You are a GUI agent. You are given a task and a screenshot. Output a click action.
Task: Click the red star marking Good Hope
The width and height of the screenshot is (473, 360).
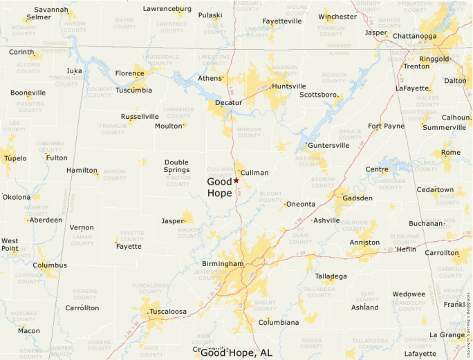click(x=236, y=180)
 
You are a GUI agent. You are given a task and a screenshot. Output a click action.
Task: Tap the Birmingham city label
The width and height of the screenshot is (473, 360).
click(x=223, y=264)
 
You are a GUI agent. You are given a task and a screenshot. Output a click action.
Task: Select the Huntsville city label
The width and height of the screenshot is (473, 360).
click(x=289, y=86)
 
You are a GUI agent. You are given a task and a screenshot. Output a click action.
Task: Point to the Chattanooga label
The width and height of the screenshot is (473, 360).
click(x=414, y=36)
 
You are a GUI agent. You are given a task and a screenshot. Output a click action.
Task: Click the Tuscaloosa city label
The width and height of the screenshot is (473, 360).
click(x=168, y=312)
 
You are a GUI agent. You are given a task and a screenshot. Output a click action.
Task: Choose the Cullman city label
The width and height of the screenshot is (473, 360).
click(x=254, y=172)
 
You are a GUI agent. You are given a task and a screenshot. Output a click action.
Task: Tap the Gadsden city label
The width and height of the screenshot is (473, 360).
click(x=358, y=198)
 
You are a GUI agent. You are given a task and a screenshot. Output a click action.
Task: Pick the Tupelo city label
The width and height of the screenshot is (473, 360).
click(x=15, y=158)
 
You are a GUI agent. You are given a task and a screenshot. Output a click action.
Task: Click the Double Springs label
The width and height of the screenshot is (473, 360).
click(x=176, y=166)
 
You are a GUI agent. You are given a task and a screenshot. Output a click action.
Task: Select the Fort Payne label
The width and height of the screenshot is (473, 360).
click(x=386, y=126)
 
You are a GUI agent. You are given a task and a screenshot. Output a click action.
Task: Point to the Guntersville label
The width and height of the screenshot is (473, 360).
click(x=329, y=146)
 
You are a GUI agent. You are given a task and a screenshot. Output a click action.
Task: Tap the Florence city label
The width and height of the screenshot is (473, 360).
click(x=129, y=73)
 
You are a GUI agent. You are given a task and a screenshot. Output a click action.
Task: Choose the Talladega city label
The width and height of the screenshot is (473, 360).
click(x=331, y=276)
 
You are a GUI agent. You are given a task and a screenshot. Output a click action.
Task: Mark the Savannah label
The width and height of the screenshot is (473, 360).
click(x=52, y=10)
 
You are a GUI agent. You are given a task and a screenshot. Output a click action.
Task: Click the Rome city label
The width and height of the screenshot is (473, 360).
click(x=450, y=153)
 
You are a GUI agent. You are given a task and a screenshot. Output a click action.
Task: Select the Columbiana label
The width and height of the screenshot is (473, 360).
click(x=279, y=322)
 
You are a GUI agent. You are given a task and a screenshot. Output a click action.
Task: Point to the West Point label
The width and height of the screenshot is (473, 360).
click(x=10, y=245)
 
